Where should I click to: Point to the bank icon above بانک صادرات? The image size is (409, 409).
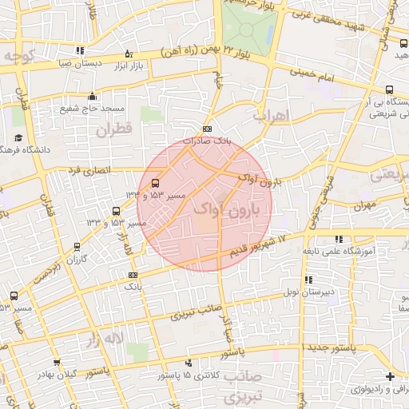208,129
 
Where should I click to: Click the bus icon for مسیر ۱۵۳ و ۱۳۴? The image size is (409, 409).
155,183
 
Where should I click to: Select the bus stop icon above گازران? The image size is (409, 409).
77,247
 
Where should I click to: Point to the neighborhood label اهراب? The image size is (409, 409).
269,116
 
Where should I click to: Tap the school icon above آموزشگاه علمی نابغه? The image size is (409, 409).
340,239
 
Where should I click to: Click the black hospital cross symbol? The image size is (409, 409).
389,376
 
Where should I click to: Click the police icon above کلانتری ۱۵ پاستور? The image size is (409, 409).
190,363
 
